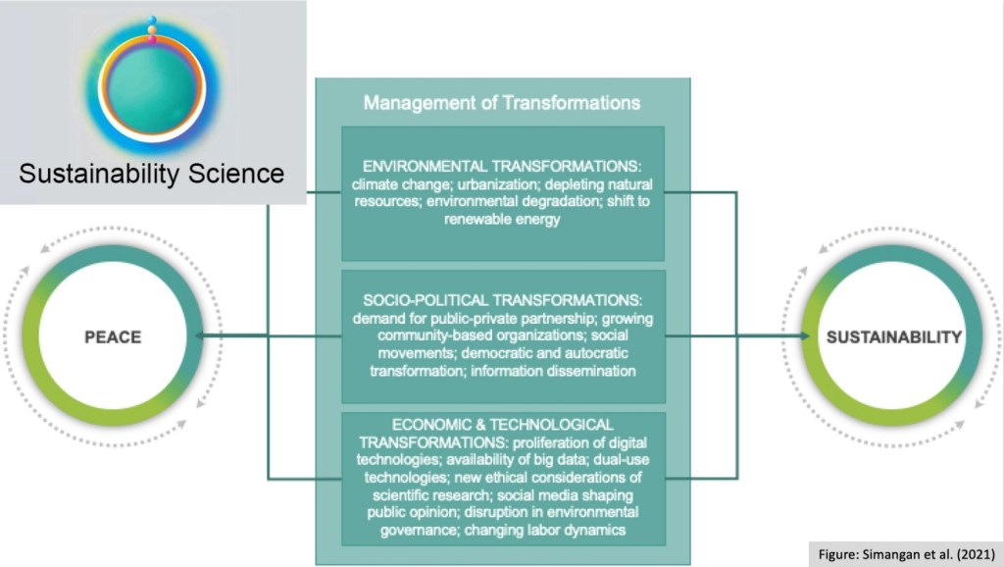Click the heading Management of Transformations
[501, 102]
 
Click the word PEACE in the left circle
[112, 337]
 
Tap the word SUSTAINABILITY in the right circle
[893, 337]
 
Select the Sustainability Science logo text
[152, 175]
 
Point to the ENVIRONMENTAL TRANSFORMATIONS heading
[501, 166]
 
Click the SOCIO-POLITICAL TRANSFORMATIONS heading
[501, 301]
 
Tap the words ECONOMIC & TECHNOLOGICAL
[501, 425]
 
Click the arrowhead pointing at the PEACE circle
[201, 337]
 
